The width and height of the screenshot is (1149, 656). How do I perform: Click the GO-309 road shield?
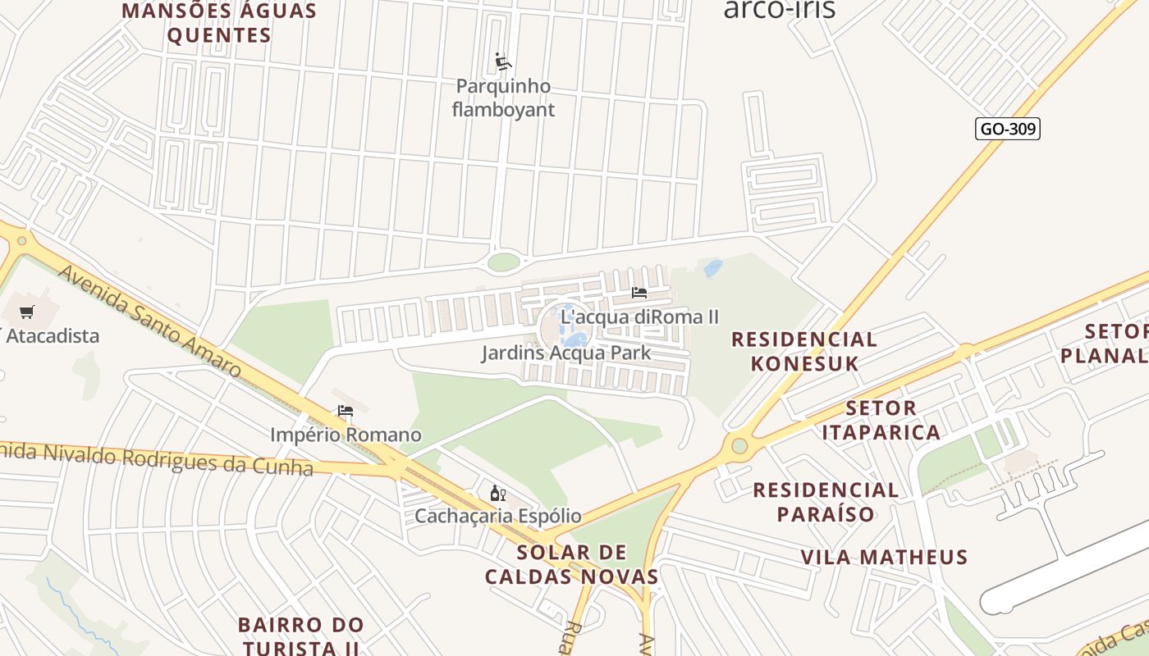1008,129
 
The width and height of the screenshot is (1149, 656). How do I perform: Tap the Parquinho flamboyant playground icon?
503,61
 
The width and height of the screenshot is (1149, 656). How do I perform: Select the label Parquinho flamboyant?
503,98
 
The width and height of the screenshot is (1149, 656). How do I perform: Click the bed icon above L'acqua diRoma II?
639,292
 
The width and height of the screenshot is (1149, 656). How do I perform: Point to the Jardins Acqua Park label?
565,353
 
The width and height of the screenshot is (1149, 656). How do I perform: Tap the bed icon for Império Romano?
346,410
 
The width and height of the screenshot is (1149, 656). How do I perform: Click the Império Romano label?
346,435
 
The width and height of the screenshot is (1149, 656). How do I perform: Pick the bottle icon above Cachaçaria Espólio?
497,492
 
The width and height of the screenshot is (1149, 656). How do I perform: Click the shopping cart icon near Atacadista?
27,312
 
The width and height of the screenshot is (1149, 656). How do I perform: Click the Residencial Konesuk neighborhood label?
804,351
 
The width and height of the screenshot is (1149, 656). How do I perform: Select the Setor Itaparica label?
881,420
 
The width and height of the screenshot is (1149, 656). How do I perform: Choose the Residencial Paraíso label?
826,502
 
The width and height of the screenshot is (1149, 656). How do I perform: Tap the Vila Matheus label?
884,558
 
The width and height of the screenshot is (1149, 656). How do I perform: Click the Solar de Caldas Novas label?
572,564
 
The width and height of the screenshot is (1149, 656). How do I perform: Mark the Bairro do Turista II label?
300,635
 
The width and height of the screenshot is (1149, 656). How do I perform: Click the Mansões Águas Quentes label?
218,23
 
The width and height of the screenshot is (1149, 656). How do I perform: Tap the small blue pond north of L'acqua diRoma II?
713,267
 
